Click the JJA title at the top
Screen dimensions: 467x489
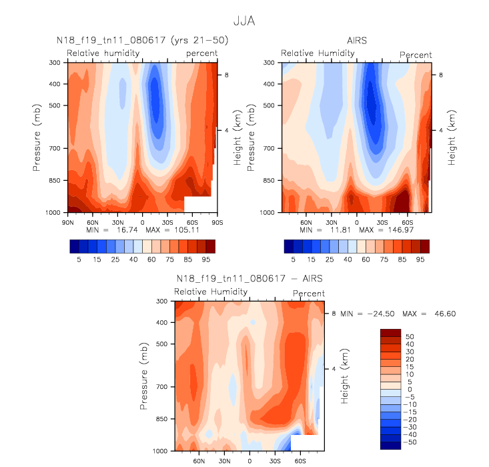[244, 22]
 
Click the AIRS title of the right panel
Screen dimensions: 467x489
[356, 41]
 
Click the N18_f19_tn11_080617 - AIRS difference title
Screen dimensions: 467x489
[250, 279]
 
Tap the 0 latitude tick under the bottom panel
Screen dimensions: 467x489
[250, 460]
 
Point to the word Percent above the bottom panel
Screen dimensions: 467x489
[309, 294]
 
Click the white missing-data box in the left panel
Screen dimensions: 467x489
[197, 204]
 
